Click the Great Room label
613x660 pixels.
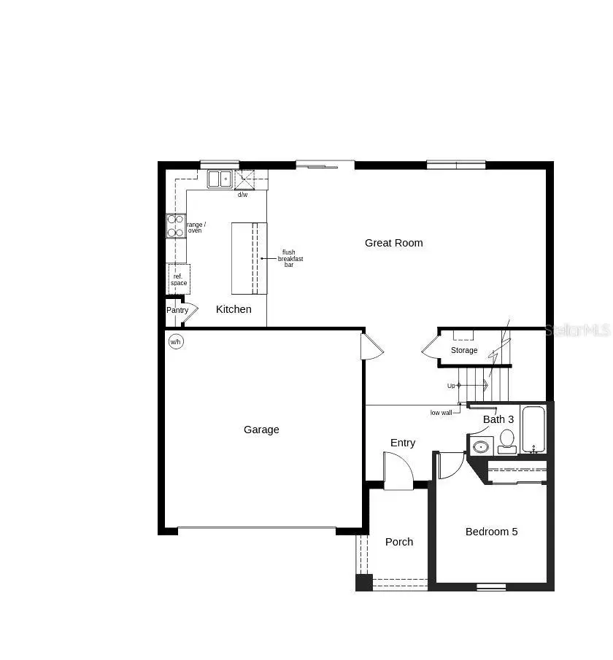click(x=393, y=243)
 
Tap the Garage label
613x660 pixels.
click(x=261, y=430)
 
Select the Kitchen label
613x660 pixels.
click(x=234, y=309)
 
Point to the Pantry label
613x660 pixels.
click(x=177, y=310)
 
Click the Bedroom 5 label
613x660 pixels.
click(x=491, y=532)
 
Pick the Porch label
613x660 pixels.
click(x=399, y=542)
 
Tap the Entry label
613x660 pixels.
click(x=403, y=443)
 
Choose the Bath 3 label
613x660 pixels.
click(x=498, y=419)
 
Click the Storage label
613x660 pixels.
click(x=464, y=351)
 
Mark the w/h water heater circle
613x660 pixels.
click(x=176, y=341)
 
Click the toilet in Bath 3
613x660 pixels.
click(x=506, y=441)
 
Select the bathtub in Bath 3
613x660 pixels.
click(x=533, y=430)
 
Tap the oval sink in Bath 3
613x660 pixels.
click(x=480, y=446)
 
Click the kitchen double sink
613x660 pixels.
click(x=219, y=179)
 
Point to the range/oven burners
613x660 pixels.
click(x=176, y=225)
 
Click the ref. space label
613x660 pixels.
click(x=179, y=280)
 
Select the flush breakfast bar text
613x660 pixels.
click(x=290, y=258)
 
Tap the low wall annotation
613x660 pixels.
click(x=441, y=413)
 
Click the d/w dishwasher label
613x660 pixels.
click(x=242, y=195)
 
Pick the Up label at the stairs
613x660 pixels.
click(x=452, y=385)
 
